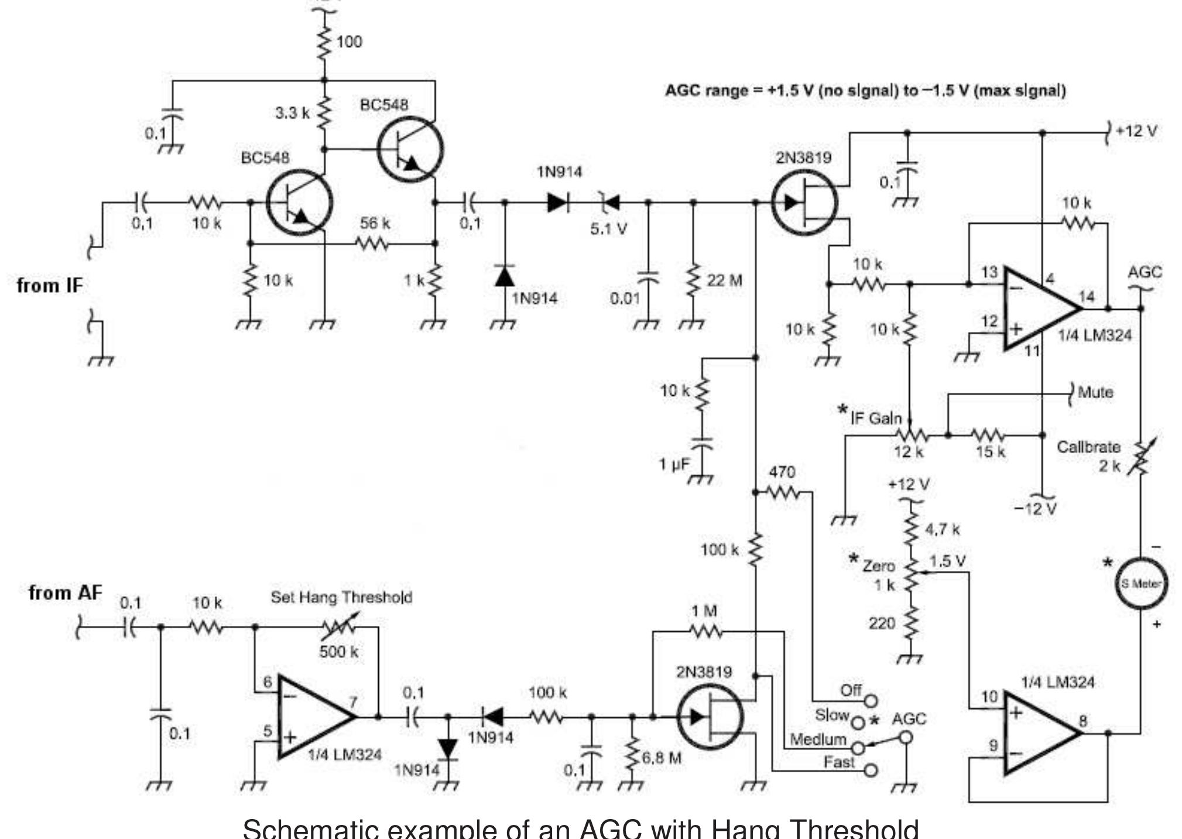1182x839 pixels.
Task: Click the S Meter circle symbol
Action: click(1140, 583)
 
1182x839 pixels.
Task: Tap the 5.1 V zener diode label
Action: click(608, 229)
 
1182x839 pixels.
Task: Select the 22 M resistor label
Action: click(724, 280)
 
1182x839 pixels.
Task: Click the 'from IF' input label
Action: click(50, 286)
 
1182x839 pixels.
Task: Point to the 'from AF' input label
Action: click(65, 593)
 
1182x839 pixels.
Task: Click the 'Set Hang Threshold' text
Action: click(341, 597)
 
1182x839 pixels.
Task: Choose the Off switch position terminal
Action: click(871, 700)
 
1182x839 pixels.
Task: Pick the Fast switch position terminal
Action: click(871, 770)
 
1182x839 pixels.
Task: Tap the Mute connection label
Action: click(1095, 392)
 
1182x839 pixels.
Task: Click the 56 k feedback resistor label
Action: click(375, 223)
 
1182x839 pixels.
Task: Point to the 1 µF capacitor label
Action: click(674, 464)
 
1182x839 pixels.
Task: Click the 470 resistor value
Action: click(782, 471)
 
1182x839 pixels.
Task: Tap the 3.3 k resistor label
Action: click(292, 113)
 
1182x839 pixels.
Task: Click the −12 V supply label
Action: click(1035, 508)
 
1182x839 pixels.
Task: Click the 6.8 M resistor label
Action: click(662, 758)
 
